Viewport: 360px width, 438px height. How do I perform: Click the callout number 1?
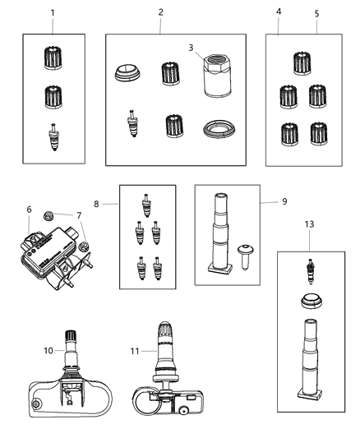coord(53,13)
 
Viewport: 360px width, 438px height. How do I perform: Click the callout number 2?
coord(160,13)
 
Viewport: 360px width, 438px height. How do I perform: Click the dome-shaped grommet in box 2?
coord(130,74)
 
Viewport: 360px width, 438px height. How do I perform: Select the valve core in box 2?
coord(130,125)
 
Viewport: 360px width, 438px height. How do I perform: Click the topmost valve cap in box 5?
coord(301,62)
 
